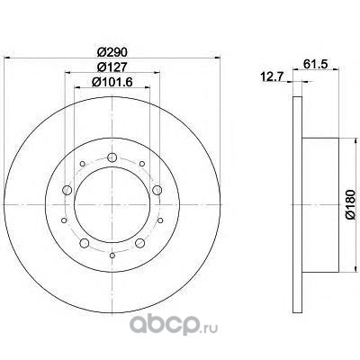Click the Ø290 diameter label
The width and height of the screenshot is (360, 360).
[x=112, y=52]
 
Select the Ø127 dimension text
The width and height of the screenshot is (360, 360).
[x=112, y=67]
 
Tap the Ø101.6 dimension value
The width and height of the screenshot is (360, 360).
[x=112, y=82]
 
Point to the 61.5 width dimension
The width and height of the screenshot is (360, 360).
[x=315, y=64]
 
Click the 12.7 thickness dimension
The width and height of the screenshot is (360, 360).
[x=273, y=77]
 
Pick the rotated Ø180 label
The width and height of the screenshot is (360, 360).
[x=351, y=204]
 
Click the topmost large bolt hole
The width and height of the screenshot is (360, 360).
[x=112, y=157]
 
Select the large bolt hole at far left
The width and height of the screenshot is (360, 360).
[x=67, y=190]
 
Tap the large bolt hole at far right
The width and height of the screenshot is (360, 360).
[x=157, y=190]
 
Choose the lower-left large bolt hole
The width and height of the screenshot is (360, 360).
[x=85, y=243]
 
